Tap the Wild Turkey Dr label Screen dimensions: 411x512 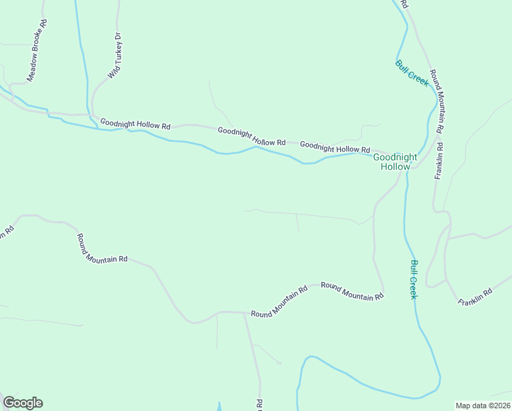[x=114, y=55]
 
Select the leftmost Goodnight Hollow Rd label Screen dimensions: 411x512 [x=135, y=125]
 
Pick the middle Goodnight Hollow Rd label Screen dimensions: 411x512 [x=251, y=136]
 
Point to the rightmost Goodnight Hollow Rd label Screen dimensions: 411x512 [x=335, y=147]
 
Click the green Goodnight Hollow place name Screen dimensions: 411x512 [x=395, y=162]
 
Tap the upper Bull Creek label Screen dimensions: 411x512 [x=411, y=73]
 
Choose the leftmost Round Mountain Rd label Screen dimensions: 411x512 [x=102, y=248]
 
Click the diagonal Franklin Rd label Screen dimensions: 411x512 [x=475, y=297]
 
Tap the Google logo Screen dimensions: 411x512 [x=23, y=403]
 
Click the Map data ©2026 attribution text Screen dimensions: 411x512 [x=483, y=406]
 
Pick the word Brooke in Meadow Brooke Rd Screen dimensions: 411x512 [x=38, y=45]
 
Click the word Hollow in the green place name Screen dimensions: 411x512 [x=395, y=166]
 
